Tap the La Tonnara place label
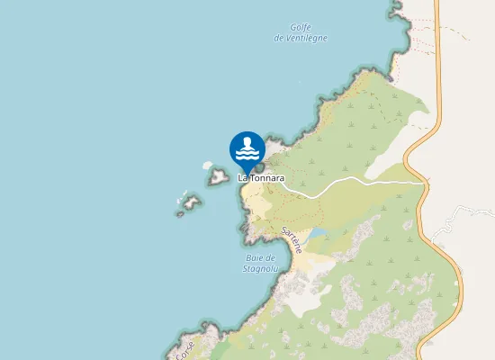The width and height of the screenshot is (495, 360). pyautogui.click(x=261, y=178)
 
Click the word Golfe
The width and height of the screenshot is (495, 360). pyautogui.click(x=301, y=28)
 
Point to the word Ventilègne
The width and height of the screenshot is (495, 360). pyautogui.click(x=309, y=38)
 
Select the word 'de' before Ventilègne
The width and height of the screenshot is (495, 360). pyautogui.click(x=280, y=38)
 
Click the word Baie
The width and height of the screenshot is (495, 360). pyautogui.click(x=254, y=257)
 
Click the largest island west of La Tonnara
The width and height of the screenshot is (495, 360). pyautogui.click(x=218, y=177)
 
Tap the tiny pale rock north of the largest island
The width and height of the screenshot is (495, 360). pyautogui.click(x=207, y=166)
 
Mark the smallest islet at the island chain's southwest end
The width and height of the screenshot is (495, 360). pyautogui.click(x=179, y=213)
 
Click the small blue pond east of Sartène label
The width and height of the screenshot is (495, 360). pyautogui.click(x=318, y=235)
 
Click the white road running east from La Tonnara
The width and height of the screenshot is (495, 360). pyautogui.click(x=360, y=183)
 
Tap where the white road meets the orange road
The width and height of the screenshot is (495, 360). pyautogui.click(x=422, y=182)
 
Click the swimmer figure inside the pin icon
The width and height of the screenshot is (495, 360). pyautogui.click(x=247, y=145)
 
